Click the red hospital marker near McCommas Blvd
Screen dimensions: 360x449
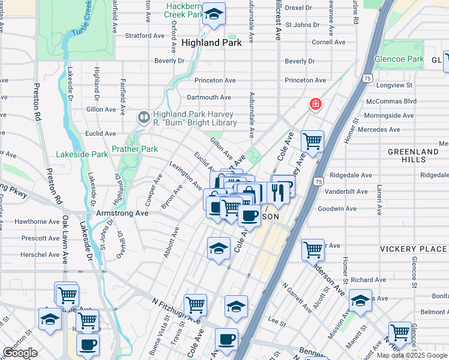[x=315, y=105]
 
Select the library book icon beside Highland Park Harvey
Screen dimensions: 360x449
[x=143, y=118]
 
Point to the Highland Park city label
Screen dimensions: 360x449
[x=211, y=43]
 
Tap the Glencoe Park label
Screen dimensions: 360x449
[x=399, y=59]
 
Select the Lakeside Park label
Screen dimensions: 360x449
[x=82, y=154]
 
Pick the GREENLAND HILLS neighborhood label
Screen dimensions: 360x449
[x=413, y=156]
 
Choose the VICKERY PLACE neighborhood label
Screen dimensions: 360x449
[x=413, y=249]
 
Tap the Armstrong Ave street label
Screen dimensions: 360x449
[x=122, y=213]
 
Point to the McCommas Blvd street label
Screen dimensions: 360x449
[x=391, y=101]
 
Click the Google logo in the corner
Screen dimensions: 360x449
[x=20, y=353]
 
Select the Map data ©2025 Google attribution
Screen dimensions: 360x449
[x=412, y=355]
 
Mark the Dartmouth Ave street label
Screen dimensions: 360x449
[x=209, y=97]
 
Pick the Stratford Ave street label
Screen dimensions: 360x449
[x=144, y=35]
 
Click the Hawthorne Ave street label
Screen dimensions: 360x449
[x=37, y=221]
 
